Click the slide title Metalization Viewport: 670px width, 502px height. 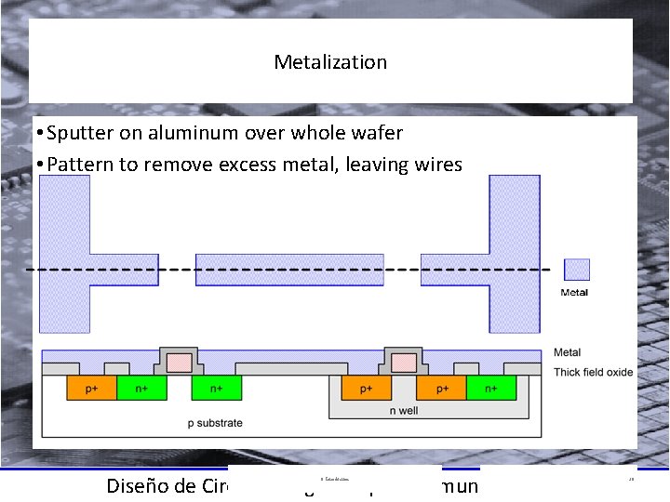click(330, 62)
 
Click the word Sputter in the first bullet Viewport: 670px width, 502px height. click(81, 133)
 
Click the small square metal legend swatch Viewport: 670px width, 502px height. click(577, 270)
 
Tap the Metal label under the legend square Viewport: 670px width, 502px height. click(574, 293)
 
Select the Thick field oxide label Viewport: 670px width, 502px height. click(593, 372)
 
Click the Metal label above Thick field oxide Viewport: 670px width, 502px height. click(567, 352)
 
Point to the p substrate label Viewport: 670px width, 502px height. click(215, 423)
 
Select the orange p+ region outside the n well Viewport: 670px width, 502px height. click(90, 389)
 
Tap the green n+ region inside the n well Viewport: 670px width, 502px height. click(491, 389)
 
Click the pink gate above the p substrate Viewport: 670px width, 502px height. click(179, 362)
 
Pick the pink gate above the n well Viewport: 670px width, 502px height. click(404, 362)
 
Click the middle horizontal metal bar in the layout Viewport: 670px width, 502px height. click(288, 269)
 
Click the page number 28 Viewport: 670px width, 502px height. click(631, 479)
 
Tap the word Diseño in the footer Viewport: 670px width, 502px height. click(138, 485)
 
